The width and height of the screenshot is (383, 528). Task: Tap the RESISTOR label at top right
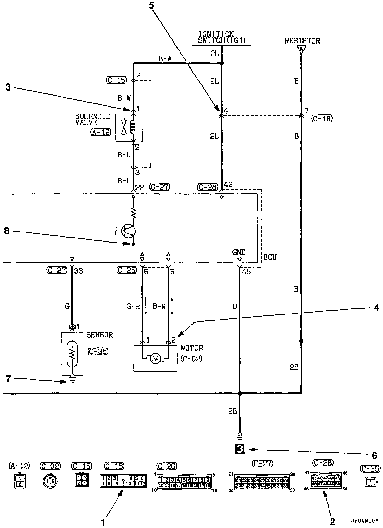point(302,41)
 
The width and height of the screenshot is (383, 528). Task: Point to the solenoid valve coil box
point(129,127)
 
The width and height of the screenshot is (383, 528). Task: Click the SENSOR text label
point(100,335)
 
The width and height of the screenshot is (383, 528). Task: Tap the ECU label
point(270,257)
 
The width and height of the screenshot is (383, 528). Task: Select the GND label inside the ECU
point(239,252)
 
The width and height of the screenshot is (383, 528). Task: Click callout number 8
point(7,231)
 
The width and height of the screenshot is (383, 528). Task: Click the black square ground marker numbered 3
point(240,449)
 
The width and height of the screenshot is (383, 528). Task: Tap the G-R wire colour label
point(133,306)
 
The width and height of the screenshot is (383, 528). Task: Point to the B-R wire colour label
point(159,306)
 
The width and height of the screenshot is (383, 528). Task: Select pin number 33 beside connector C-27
point(78,271)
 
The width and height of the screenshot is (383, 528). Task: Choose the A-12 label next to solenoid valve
point(101,132)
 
